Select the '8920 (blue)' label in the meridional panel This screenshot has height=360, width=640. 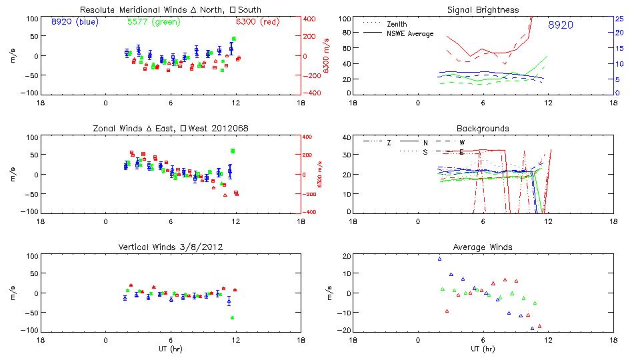(x=74, y=21)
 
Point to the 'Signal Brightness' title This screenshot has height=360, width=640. (x=483, y=9)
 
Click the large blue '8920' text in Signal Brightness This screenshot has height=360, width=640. (x=561, y=25)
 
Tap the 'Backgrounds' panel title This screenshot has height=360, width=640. (x=483, y=128)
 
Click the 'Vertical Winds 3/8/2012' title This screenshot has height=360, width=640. (x=171, y=247)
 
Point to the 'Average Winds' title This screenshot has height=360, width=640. (x=483, y=247)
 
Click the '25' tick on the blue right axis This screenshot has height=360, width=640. (x=619, y=18)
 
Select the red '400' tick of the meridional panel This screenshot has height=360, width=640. (x=311, y=18)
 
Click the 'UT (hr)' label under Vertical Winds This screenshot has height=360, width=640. (x=171, y=349)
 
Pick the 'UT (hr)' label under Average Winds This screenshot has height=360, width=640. (x=483, y=349)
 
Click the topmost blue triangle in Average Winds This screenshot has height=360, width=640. (x=440, y=259)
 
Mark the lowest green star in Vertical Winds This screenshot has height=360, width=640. (x=233, y=318)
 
